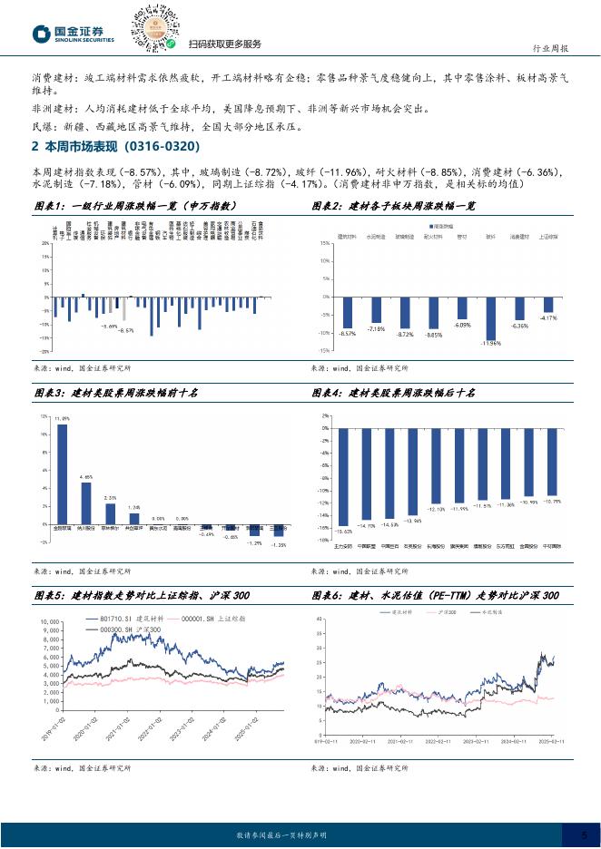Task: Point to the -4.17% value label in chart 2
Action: [548, 318]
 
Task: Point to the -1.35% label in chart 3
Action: [279, 545]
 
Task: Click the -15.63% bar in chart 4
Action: [343, 476]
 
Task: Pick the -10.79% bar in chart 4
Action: [551, 462]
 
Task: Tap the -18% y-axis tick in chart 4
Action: [325, 540]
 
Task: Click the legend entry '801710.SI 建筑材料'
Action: [123, 619]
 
